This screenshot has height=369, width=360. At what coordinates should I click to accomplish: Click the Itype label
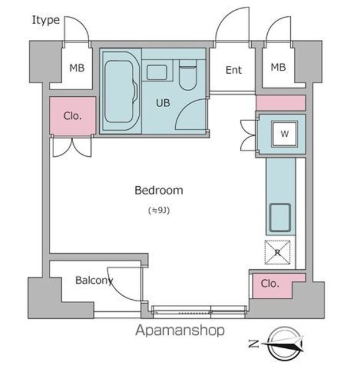(46, 20)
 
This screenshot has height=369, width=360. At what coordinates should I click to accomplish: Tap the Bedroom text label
(159, 190)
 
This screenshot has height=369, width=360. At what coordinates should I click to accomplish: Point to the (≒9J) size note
(159, 210)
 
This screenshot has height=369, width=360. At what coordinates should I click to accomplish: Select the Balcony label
(94, 280)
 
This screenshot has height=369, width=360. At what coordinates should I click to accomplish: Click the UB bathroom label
(162, 103)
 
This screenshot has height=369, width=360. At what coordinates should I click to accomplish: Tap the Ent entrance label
(233, 70)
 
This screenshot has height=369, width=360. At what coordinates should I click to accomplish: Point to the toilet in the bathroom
(187, 76)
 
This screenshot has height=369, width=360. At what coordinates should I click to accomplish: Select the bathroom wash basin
(157, 73)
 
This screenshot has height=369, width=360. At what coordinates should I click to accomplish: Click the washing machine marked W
(285, 134)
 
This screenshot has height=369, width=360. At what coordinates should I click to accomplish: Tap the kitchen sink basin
(280, 218)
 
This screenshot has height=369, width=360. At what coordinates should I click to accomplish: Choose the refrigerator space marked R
(278, 253)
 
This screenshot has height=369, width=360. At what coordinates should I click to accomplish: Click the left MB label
(77, 68)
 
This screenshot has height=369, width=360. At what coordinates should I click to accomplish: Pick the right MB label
(278, 67)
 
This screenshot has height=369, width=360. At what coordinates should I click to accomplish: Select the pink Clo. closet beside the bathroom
(73, 116)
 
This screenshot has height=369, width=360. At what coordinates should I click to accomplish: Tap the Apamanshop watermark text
(180, 330)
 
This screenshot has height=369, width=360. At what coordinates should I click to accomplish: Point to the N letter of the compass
(253, 344)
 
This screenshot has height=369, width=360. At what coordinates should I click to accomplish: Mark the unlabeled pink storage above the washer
(281, 103)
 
